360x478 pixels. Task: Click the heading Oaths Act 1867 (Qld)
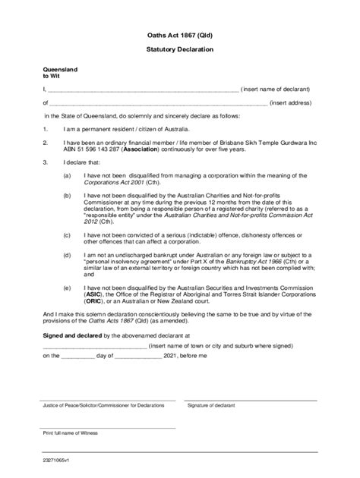(179, 35)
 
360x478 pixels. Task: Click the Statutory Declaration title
(179, 49)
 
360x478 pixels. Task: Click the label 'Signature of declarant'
(213, 405)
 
